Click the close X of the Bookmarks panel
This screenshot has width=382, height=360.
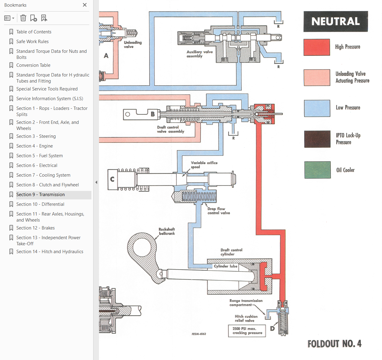pos(85,5)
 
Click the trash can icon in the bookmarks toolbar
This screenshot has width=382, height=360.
pos(23,18)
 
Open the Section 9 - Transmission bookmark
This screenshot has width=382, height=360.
pos(40,195)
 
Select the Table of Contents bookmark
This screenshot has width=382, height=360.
pos(34,32)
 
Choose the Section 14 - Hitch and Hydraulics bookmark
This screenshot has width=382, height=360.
pos(50,252)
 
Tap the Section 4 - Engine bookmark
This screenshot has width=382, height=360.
pos(35,146)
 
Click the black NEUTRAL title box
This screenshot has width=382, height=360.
pos(336,21)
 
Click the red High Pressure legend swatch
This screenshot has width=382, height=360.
pos(317,47)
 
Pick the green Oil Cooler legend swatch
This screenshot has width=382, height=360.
pos(318,170)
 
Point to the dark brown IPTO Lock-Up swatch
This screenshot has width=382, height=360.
pos(317,139)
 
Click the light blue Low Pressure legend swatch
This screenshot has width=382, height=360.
pos(317,108)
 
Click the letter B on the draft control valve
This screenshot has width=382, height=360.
pos(153,114)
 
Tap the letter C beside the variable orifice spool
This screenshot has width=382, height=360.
pos(112,179)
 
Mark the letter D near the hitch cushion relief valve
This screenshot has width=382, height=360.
pos(272,328)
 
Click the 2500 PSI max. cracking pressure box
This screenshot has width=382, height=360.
pos(247,331)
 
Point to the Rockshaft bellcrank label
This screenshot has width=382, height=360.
pos(167,231)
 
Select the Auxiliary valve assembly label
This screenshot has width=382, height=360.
pos(200,54)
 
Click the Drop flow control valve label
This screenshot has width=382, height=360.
pos(219,211)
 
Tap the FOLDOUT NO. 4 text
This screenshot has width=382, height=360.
pos(335,344)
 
